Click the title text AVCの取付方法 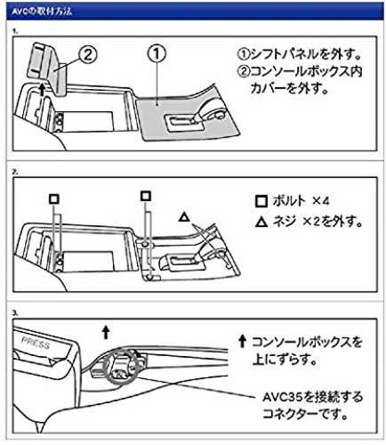[x=42, y=12]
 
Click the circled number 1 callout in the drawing [x=157, y=53]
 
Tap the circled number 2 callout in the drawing [x=87, y=55]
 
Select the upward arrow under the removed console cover [x=42, y=89]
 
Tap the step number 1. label [x=15, y=31]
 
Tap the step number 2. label [x=15, y=172]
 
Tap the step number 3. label [x=15, y=313]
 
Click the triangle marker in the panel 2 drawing [x=184, y=217]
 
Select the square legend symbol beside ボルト [x=261, y=201]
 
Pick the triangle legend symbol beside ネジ [x=261, y=222]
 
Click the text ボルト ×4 [x=301, y=201]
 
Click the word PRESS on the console [x=36, y=343]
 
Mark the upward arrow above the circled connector [x=106, y=333]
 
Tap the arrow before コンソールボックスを [x=243, y=342]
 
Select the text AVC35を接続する [x=313, y=397]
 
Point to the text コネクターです [x=305, y=414]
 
